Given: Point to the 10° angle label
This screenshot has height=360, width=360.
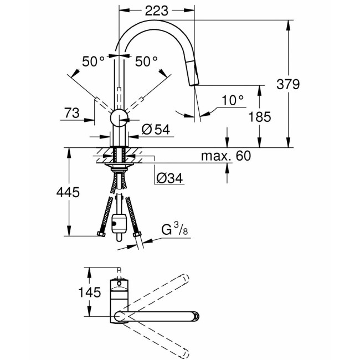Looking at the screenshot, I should (x=232, y=100).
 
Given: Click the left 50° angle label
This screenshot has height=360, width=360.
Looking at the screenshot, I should (x=94, y=61).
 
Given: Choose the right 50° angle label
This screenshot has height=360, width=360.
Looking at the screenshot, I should (x=146, y=61).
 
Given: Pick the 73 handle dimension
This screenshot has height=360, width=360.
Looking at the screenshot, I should (x=72, y=112).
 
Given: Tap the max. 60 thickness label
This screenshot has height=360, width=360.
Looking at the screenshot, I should (x=225, y=156).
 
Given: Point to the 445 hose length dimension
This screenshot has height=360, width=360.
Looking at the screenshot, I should (x=68, y=192).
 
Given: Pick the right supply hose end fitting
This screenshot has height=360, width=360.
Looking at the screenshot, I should (x=137, y=236).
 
